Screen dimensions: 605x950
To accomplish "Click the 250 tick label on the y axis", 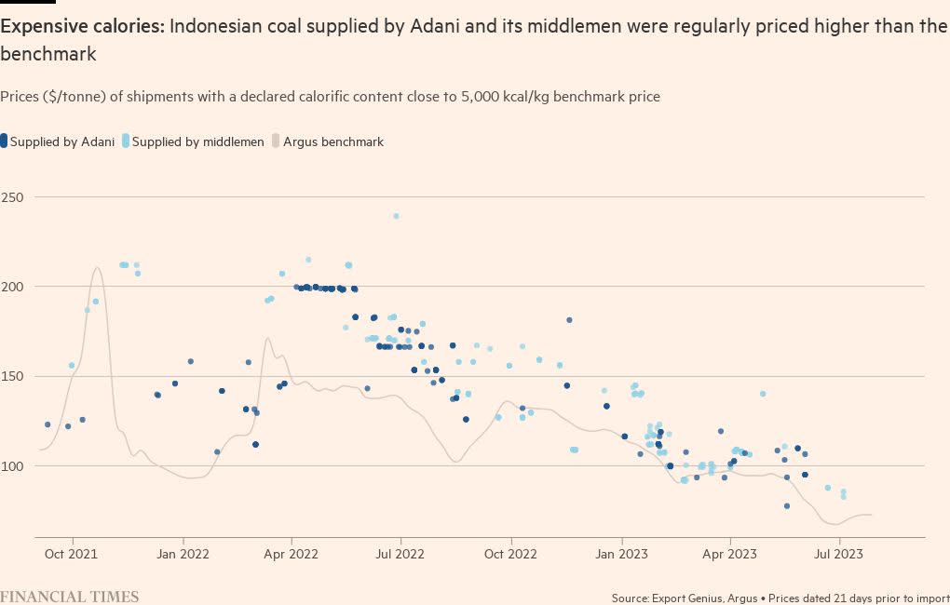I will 14,198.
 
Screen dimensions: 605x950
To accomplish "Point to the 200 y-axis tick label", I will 14,288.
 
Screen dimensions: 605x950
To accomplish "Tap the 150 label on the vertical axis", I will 14,377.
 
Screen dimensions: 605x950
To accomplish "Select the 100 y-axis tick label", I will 14,466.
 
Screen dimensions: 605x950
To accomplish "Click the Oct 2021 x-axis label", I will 72,554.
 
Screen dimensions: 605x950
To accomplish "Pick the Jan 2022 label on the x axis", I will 183,554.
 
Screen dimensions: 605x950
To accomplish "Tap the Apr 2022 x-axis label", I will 292,554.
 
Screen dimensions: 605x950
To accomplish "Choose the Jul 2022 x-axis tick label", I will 400,554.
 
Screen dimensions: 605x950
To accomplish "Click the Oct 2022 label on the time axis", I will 511,554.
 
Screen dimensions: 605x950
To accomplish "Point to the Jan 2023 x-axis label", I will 621,554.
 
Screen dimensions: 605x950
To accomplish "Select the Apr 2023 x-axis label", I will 730,554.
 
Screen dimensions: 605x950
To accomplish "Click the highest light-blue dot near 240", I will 396,216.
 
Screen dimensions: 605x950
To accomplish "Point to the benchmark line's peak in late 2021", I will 98,268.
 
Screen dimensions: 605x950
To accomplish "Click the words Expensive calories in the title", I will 82,27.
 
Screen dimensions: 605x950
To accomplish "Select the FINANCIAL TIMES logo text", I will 70,597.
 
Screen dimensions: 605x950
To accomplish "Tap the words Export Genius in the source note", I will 689,598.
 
